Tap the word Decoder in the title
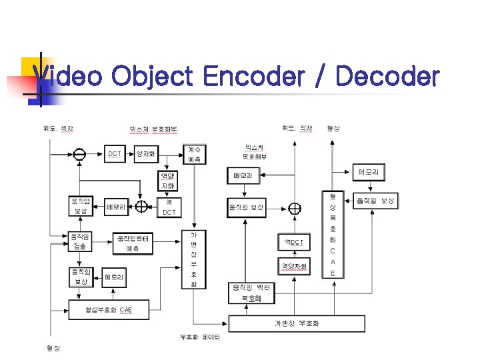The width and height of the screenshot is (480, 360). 387,77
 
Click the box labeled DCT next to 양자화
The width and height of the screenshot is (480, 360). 115,154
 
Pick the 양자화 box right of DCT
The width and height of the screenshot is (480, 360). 145,154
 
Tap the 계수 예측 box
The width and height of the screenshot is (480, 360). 194,154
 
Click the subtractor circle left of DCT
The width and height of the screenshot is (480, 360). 79,155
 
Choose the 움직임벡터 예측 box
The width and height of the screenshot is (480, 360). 132,243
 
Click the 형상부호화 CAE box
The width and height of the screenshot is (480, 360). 108,310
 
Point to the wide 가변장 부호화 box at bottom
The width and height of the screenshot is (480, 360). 297,323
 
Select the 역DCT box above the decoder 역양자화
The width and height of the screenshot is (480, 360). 294,242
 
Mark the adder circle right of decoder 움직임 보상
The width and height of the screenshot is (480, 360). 295,208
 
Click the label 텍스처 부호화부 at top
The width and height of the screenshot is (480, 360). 159,128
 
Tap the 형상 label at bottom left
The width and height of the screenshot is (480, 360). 53,348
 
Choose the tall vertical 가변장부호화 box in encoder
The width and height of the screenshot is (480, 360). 194,259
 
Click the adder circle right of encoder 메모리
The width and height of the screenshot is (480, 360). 141,207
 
